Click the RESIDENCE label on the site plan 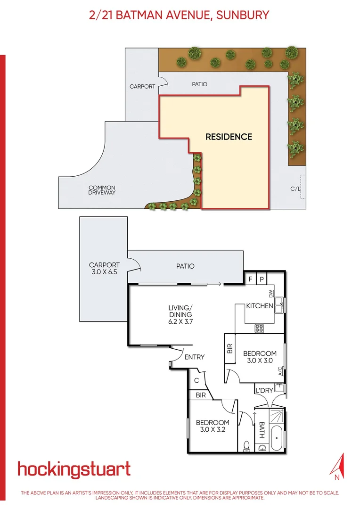click(x=229, y=137)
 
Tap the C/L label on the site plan click(x=295, y=189)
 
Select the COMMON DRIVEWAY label click(x=102, y=190)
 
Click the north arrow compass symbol click(x=337, y=467)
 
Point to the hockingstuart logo click(x=74, y=469)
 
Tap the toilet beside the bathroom click(x=246, y=444)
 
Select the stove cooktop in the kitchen click(x=259, y=328)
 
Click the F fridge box click(x=250, y=279)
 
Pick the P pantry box click(x=261, y=279)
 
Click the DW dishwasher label click(x=271, y=294)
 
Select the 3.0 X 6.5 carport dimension click(x=104, y=272)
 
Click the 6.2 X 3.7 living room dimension click(x=181, y=321)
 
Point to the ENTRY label click(x=195, y=357)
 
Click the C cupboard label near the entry click(x=196, y=380)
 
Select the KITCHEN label click(x=260, y=306)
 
